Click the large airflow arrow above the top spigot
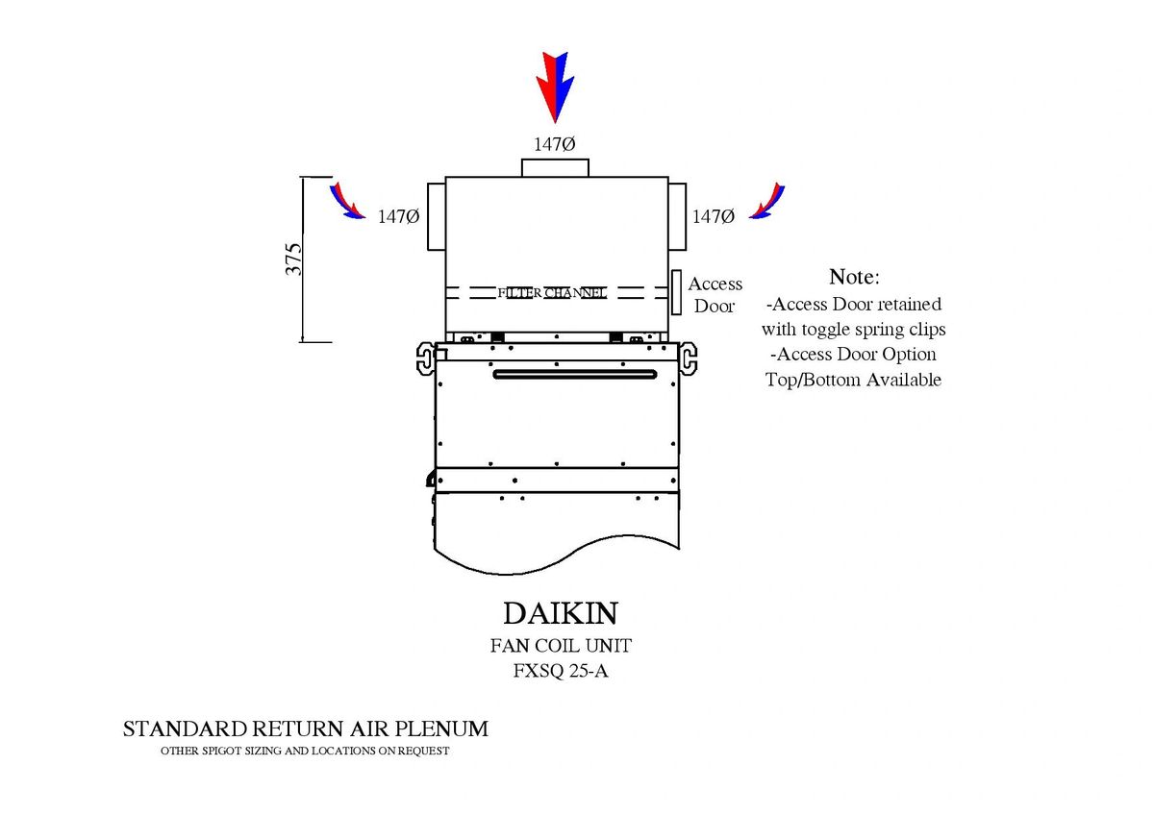tap(555, 85)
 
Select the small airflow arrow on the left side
tap(347, 201)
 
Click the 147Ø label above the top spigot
tap(555, 144)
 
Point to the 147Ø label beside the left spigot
tap(398, 217)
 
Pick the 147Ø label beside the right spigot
tap(714, 217)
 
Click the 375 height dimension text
tap(294, 259)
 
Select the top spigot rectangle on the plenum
tap(555, 168)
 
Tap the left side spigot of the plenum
tap(436, 215)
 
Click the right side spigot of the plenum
tap(677, 215)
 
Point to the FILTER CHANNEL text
tap(552, 292)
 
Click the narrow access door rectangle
tap(677, 293)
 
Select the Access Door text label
tap(715, 295)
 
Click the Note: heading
tap(853, 277)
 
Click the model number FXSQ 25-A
tap(561, 671)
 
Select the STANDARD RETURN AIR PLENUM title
tap(305, 729)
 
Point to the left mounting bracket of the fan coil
tap(425, 358)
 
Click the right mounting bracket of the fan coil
tap(689, 358)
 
